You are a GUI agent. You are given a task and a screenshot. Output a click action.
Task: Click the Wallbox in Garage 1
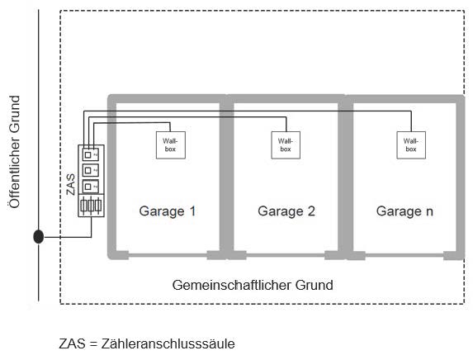170,145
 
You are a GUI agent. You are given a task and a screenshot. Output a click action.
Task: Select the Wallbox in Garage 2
286,145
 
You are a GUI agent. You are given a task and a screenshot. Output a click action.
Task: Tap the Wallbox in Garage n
411,145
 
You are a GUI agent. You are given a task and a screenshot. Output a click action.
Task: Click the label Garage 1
168,211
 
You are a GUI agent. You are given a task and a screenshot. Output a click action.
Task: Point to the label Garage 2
286,211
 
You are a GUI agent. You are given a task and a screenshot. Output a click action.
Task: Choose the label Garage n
404,211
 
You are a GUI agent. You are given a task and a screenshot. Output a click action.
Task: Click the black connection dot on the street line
38,237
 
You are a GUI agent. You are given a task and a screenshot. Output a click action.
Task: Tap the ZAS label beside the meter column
71,184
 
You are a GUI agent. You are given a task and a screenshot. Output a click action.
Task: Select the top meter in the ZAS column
91,154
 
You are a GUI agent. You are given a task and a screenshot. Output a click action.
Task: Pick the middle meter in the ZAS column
91,170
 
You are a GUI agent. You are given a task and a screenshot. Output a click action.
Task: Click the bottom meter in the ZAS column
91,187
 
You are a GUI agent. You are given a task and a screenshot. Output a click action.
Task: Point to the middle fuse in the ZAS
91,206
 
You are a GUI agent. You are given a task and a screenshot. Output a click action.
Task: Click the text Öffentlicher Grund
14,152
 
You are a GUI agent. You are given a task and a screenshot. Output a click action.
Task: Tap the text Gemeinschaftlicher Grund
253,285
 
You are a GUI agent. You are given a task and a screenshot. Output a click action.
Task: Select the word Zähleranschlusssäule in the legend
168,343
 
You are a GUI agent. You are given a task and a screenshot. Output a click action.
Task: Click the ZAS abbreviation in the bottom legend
72,343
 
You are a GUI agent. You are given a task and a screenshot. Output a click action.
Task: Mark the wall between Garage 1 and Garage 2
226,177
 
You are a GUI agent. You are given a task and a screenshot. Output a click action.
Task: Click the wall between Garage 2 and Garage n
345,177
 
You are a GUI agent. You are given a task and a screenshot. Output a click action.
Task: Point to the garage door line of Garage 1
168,255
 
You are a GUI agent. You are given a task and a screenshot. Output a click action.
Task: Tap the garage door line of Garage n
404,255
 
